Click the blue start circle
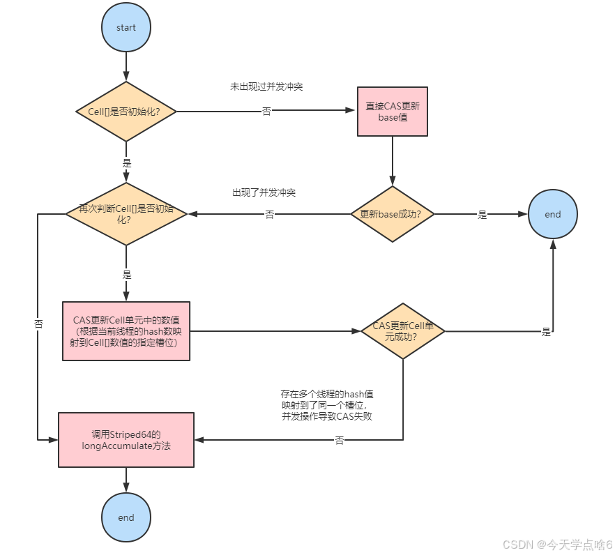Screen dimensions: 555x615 (x=126, y=28)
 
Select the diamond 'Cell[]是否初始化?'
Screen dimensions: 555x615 (x=126, y=112)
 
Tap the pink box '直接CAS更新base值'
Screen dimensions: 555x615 (x=392, y=112)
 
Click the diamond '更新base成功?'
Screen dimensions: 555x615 (x=392, y=214)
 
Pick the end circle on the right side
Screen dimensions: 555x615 (x=553, y=214)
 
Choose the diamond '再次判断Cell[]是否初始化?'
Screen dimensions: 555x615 (x=126, y=214)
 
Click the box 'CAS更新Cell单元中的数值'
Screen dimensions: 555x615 (x=126, y=330)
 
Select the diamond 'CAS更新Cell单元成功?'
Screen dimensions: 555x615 (x=402, y=330)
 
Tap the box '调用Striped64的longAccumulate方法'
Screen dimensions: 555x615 (x=126, y=439)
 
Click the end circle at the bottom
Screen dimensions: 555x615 (x=126, y=517)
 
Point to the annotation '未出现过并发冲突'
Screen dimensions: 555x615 (x=266, y=87)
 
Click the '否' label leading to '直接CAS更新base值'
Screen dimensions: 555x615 (x=266, y=112)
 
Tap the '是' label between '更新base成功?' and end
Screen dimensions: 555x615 (x=483, y=215)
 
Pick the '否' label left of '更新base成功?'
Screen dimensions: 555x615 (x=269, y=215)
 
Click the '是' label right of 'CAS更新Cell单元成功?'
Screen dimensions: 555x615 (x=546, y=332)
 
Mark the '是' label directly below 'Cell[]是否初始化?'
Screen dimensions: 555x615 (x=126, y=162)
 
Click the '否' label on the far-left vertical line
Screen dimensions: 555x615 (x=38, y=324)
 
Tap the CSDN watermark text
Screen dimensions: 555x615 (x=557, y=544)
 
